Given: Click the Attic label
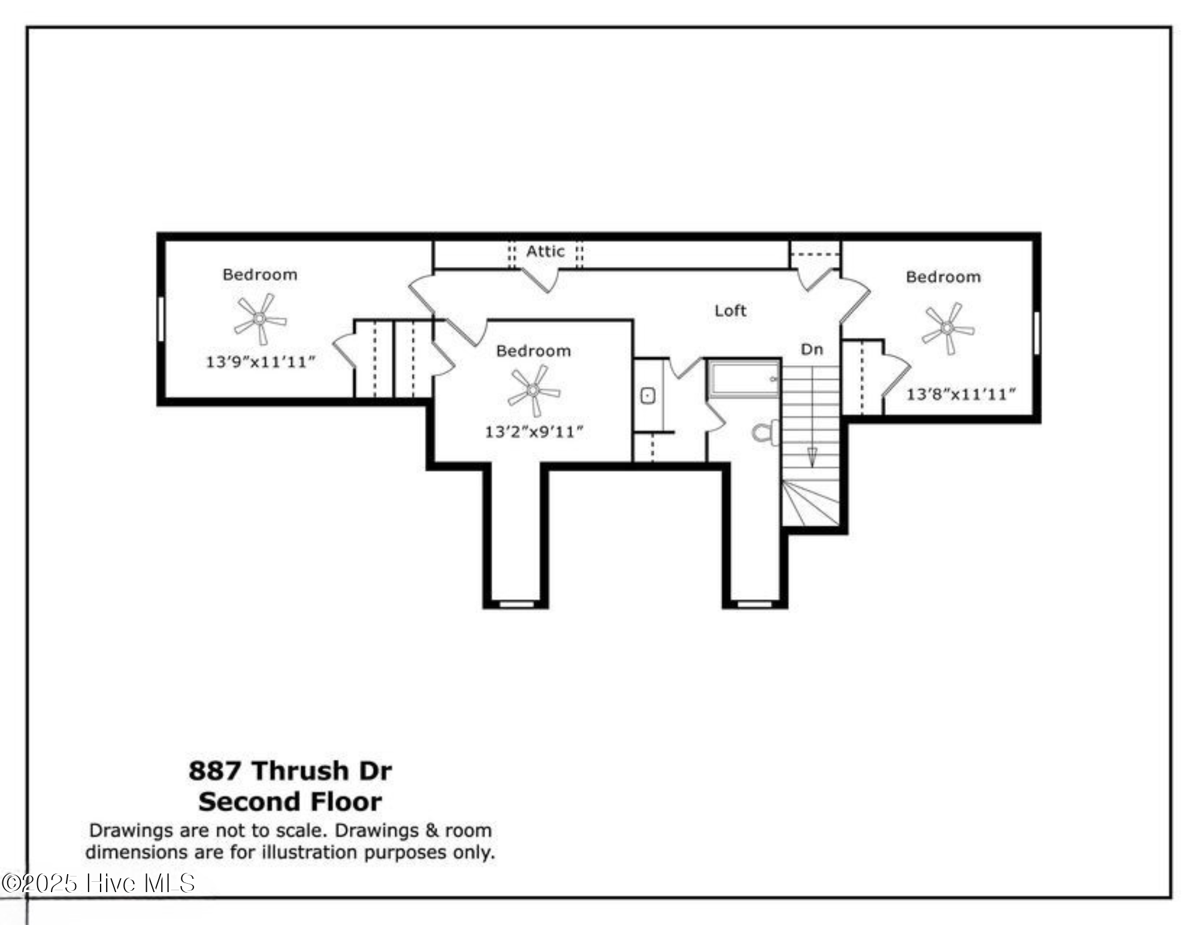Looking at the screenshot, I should pyautogui.click(x=545, y=251).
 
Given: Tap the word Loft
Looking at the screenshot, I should pyautogui.click(x=730, y=311).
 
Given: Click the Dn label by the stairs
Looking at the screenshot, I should pyautogui.click(x=812, y=349).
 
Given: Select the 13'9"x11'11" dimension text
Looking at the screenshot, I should pyautogui.click(x=260, y=362).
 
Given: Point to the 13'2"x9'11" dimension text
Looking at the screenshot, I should pyautogui.click(x=534, y=432).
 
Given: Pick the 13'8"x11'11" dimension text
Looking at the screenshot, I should pyautogui.click(x=960, y=394).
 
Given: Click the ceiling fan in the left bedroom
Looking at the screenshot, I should pyautogui.click(x=260, y=319).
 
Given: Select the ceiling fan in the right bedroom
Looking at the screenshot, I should pyautogui.click(x=947, y=328).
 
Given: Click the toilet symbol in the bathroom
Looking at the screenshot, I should pyautogui.click(x=765, y=432).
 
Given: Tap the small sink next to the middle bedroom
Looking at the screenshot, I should pyautogui.click(x=648, y=396).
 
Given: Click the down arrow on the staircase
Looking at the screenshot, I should pyautogui.click(x=812, y=457).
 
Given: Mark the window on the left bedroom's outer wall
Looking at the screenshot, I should pyautogui.click(x=161, y=319).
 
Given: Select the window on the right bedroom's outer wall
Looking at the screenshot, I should pyautogui.click(x=1037, y=332).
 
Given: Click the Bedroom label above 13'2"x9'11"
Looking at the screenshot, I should pyautogui.click(x=533, y=351).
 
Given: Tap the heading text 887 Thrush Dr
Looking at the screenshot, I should pyautogui.click(x=290, y=771).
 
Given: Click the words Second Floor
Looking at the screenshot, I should pyautogui.click(x=290, y=802).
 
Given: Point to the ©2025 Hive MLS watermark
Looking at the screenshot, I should pyautogui.click(x=99, y=884).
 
